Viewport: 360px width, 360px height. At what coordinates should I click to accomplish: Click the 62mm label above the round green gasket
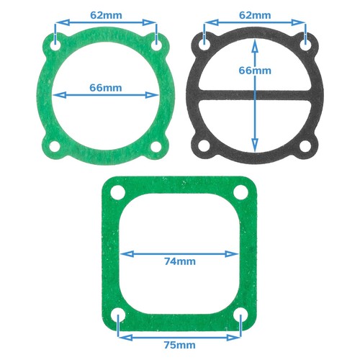[106, 14]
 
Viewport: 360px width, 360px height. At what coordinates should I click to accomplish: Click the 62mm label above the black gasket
[256, 14]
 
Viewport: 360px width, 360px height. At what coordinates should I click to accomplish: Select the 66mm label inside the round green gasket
[106, 87]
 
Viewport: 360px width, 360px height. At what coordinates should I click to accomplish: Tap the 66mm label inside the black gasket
[256, 70]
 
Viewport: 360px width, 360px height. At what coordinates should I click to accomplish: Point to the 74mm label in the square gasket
[179, 261]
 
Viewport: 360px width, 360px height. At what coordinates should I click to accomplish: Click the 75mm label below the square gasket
[179, 345]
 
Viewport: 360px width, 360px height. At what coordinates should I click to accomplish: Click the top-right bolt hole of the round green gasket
[156, 44]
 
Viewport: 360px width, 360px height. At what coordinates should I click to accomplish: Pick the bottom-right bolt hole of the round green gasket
[156, 147]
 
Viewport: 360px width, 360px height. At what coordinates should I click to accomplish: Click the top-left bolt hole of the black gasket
[206, 44]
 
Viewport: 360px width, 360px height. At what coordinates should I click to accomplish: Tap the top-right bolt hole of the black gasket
[307, 44]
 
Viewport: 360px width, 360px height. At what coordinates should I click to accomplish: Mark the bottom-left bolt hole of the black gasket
[206, 147]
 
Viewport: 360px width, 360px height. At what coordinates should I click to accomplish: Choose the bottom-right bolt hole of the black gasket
[307, 147]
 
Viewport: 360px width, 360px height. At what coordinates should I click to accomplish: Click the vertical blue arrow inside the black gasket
[256, 115]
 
